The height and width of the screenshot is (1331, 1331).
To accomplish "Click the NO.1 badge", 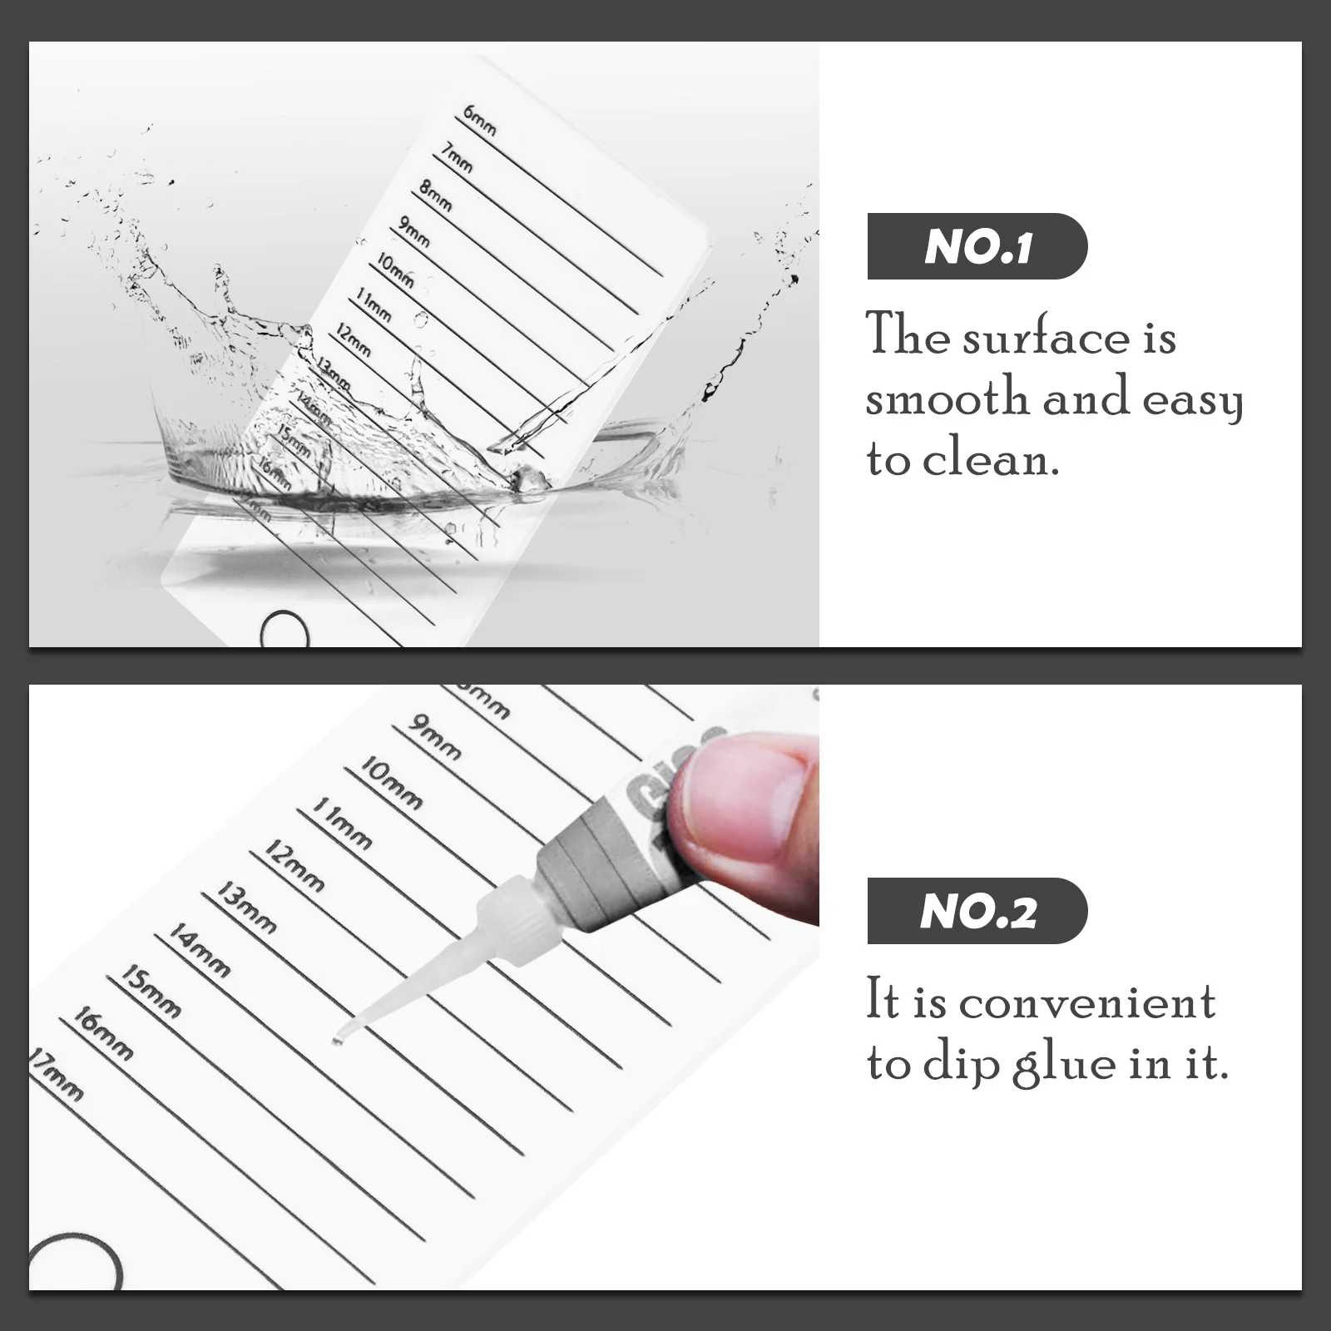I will (x=977, y=246).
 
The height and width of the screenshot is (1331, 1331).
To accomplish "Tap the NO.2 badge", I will (x=977, y=911).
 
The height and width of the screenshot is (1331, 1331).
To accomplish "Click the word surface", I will (x=1046, y=338).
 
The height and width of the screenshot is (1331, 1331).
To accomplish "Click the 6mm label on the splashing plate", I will (x=481, y=121).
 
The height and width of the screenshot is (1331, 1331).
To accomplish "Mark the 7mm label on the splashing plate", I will (x=457, y=157).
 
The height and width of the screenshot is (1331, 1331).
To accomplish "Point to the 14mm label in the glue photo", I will (x=199, y=948).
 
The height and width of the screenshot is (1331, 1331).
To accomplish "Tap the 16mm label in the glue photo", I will (x=102, y=1033).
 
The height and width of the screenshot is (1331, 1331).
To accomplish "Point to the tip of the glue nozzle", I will (x=337, y=1039).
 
